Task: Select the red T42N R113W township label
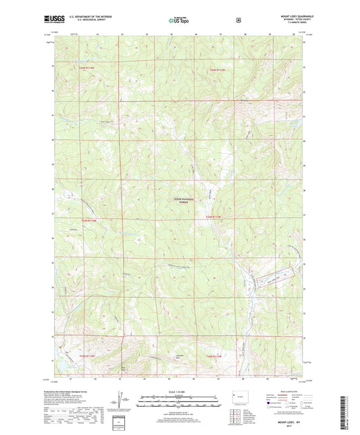(215, 69)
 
